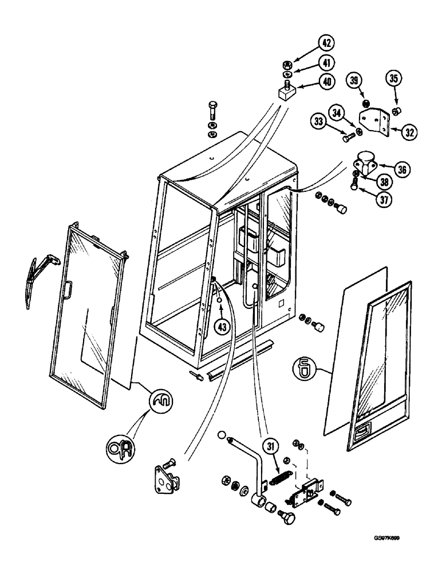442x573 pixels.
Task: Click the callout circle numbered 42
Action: [x=326, y=44]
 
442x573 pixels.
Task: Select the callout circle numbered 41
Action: [x=326, y=62]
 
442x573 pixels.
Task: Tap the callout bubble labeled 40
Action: [x=326, y=82]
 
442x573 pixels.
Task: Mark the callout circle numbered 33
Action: [x=320, y=121]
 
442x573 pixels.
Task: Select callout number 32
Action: [x=408, y=131]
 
